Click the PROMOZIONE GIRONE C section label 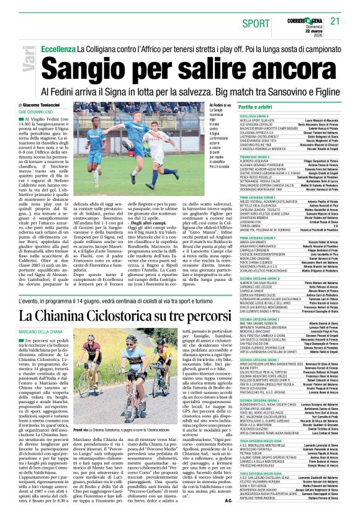[261, 157]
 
